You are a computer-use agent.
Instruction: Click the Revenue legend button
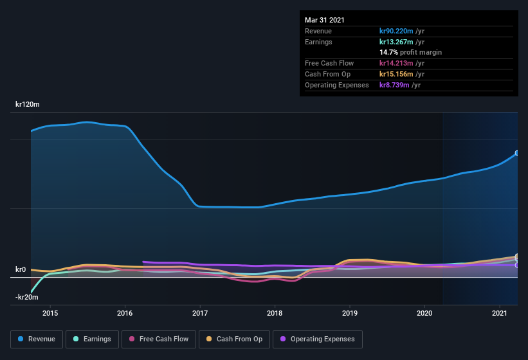tap(37, 339)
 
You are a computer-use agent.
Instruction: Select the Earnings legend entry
tap(92, 339)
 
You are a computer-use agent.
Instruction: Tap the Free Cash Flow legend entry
tap(158, 339)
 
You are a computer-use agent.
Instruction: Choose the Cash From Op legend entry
tap(235, 339)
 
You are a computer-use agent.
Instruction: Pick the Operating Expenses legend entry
tap(317, 339)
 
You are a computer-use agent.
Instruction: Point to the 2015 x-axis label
tap(50, 313)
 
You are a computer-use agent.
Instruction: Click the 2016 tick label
tap(125, 313)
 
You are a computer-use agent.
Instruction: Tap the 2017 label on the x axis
tap(200, 313)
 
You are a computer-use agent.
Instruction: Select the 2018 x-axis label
tap(275, 313)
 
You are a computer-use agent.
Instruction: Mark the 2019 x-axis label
tap(350, 313)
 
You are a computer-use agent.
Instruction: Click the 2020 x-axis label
tap(424, 313)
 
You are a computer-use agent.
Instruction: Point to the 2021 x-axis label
tap(500, 313)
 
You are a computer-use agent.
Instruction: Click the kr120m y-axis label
tap(28, 104)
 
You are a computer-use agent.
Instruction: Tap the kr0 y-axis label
tap(21, 269)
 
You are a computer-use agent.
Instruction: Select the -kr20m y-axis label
tap(27, 297)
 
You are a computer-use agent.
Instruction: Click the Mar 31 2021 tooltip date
tap(325, 20)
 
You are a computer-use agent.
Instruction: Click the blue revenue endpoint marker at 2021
tap(516, 153)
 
